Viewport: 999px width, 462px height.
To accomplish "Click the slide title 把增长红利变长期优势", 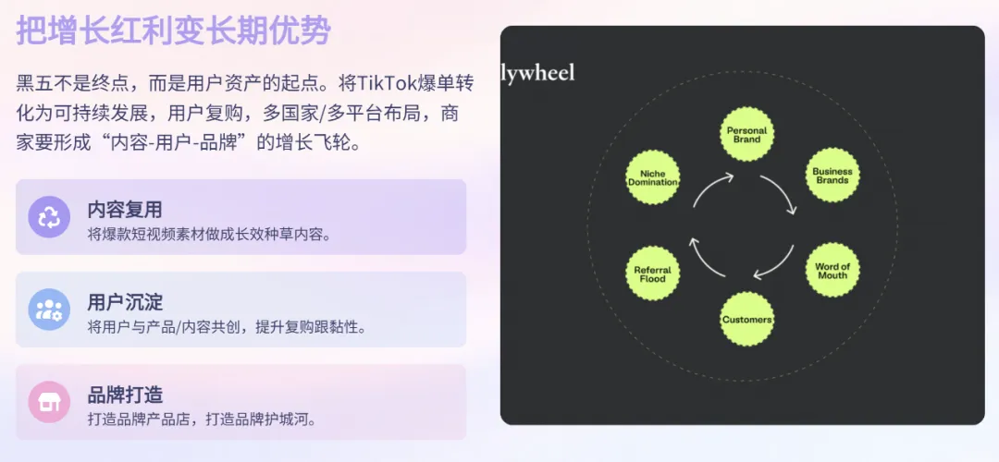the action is [x=173, y=30].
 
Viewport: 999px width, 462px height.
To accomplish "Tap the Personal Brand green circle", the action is [x=746, y=134].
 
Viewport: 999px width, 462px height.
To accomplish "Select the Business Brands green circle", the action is [x=832, y=176].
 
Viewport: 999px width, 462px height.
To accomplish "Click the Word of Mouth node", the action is [x=832, y=270].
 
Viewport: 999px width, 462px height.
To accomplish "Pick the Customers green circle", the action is [x=746, y=319].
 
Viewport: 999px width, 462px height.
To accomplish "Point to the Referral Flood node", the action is [x=652, y=274].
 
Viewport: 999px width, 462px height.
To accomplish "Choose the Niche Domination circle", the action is [x=652, y=177].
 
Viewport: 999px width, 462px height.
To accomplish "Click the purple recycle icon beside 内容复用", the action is [x=49, y=217].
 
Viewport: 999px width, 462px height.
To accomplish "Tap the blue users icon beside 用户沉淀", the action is [x=49, y=310].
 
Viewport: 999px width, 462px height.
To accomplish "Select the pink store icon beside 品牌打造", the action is [x=49, y=402].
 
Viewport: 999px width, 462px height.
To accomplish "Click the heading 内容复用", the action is [x=125, y=210].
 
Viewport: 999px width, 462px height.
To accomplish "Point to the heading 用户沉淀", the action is [x=125, y=301].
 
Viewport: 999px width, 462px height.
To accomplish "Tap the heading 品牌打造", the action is [x=125, y=395].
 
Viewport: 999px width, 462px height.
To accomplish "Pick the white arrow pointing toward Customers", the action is [x=779, y=266].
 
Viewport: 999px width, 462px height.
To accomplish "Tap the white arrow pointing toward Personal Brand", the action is [x=709, y=187].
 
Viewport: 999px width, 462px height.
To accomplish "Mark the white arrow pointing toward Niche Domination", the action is [x=703, y=261].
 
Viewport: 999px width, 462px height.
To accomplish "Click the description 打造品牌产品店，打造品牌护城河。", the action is [x=202, y=419].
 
